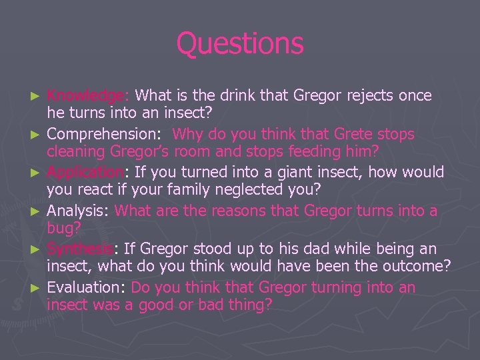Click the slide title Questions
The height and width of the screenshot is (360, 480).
240,44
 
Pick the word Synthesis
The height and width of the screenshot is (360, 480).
80,249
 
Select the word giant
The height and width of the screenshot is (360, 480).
303,173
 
